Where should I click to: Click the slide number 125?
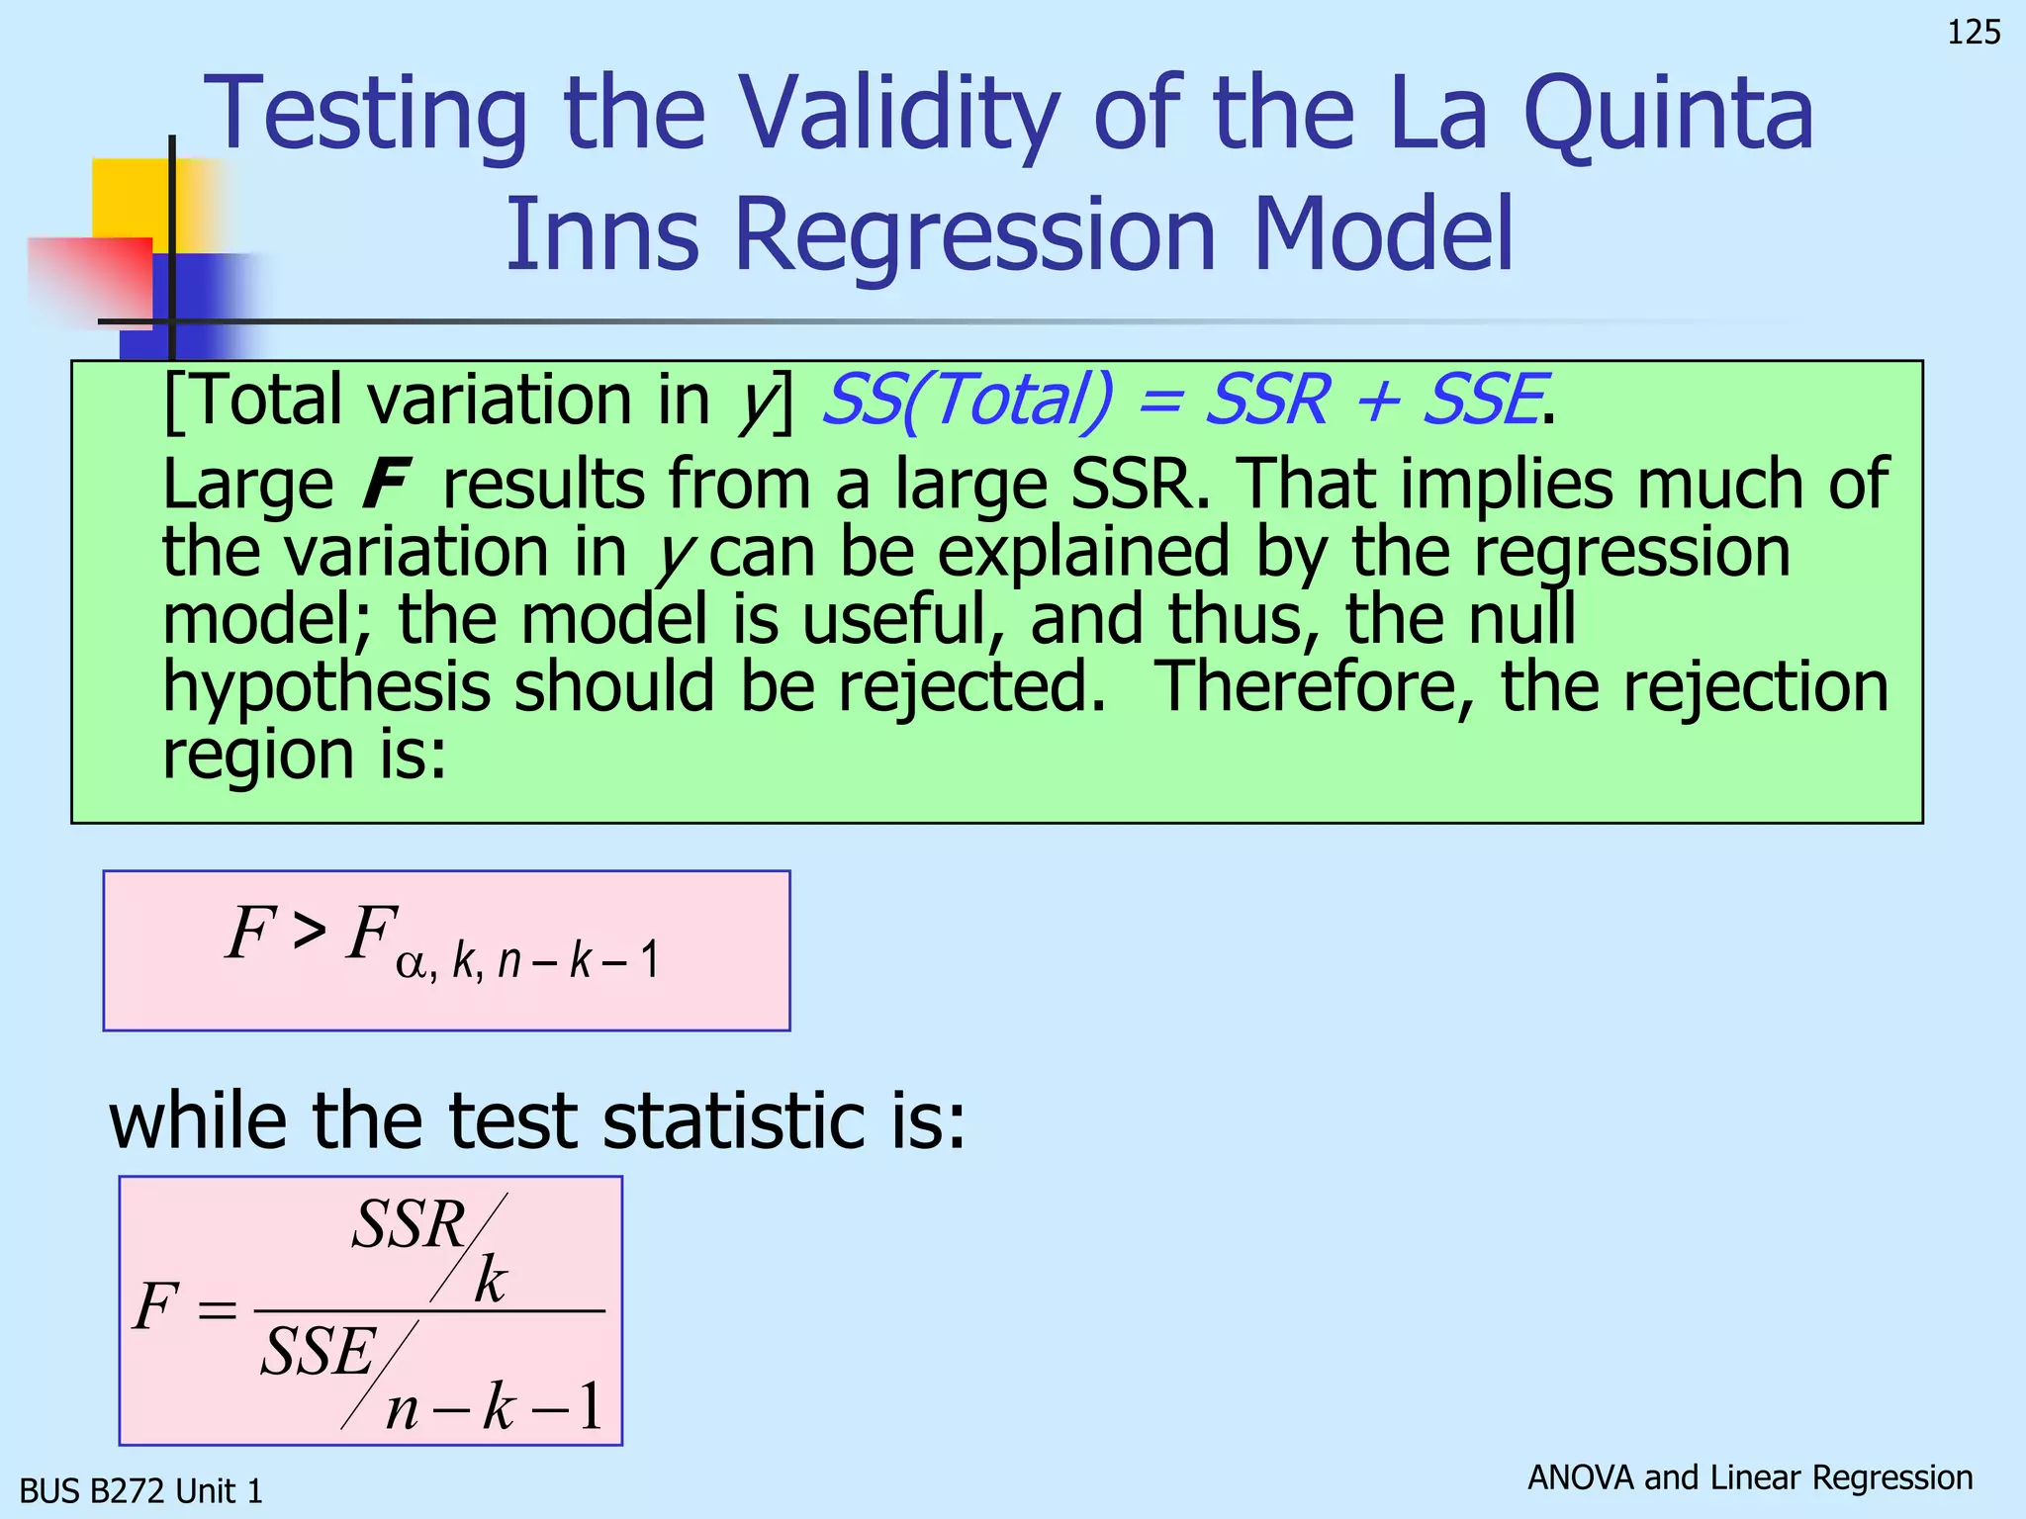[1973, 34]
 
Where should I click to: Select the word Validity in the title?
[898, 117]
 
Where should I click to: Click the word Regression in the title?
[974, 235]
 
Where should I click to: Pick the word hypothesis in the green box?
[326, 688]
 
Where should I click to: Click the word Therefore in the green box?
[1314, 686]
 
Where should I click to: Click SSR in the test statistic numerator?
[409, 1225]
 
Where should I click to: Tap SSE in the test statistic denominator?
[318, 1353]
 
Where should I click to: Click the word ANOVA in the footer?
[1581, 1477]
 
